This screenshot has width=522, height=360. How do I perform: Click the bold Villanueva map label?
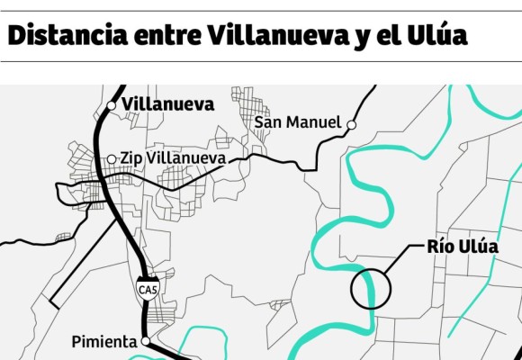(x=168, y=104)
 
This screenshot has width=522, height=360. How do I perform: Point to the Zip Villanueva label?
(x=173, y=158)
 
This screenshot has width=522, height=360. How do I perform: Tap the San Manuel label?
(x=297, y=121)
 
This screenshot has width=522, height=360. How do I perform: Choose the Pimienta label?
(x=103, y=342)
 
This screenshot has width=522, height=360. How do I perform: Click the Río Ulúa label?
(x=462, y=247)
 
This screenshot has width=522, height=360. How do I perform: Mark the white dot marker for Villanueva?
(x=111, y=105)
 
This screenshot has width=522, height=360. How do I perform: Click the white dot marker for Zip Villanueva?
(x=112, y=159)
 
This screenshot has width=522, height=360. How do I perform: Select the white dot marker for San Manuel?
(x=353, y=124)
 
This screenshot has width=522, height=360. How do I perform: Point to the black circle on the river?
(x=370, y=289)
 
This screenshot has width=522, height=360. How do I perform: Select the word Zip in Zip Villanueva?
(x=131, y=158)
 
